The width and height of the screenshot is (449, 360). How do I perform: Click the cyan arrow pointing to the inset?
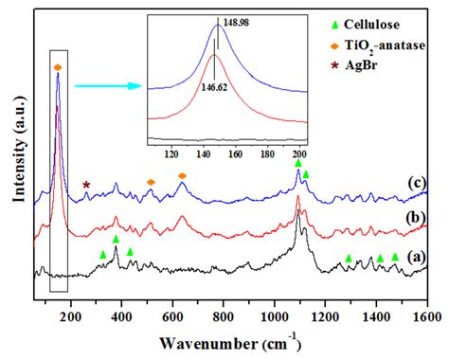click(104, 85)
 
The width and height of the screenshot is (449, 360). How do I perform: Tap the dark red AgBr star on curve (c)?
click(86, 185)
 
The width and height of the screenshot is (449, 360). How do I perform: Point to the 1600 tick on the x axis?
click(426, 307)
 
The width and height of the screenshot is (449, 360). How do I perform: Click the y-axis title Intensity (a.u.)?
click(15, 156)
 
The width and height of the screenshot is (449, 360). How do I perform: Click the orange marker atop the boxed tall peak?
click(58, 67)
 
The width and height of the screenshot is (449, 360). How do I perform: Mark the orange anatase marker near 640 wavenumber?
click(182, 176)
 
